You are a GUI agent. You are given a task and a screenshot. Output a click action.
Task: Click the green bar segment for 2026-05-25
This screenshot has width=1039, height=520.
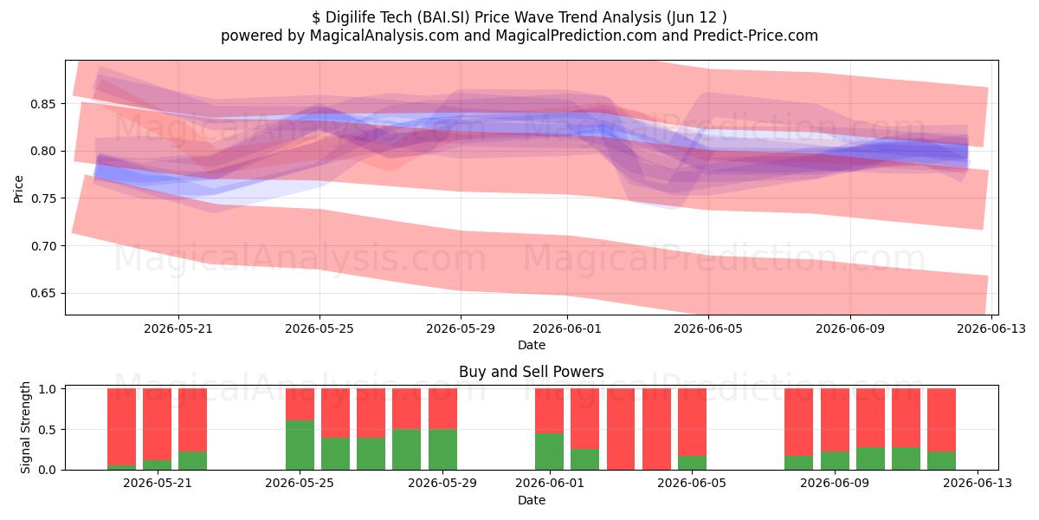click(300, 445)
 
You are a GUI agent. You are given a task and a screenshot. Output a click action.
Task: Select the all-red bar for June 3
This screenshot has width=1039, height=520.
click(621, 429)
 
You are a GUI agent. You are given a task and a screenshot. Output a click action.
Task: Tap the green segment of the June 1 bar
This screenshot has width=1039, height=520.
click(549, 452)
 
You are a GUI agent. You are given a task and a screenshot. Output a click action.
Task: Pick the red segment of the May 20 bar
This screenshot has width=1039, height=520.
click(121, 426)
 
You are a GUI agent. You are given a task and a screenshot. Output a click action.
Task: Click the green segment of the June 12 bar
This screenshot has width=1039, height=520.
click(942, 460)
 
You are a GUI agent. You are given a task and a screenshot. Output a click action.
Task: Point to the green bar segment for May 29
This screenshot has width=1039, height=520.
click(442, 450)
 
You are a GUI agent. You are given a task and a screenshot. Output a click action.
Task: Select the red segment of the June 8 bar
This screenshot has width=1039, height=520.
click(798, 422)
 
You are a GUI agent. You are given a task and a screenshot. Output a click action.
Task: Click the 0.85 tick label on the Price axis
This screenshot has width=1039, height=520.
click(42, 104)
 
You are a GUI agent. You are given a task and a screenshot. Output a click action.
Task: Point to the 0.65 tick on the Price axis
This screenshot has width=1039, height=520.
click(42, 294)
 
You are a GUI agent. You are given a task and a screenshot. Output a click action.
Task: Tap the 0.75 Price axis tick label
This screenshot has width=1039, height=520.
click(42, 198)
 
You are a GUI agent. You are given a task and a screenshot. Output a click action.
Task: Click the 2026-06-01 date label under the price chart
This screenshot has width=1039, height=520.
click(567, 328)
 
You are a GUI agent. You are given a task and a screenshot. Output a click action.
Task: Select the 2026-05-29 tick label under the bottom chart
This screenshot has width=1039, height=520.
click(442, 483)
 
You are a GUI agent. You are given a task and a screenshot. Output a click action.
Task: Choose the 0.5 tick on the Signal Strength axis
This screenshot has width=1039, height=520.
click(47, 430)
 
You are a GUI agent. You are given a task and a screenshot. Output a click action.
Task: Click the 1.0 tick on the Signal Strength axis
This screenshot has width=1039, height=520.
click(47, 389)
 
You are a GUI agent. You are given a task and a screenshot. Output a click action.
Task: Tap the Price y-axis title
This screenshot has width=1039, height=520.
click(18, 189)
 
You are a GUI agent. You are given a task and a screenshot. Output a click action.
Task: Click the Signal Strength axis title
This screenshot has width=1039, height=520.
click(25, 427)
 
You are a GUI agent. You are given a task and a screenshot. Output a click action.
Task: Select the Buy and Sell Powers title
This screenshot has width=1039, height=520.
click(531, 372)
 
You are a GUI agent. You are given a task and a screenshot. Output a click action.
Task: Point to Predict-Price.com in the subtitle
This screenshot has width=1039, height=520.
click(756, 36)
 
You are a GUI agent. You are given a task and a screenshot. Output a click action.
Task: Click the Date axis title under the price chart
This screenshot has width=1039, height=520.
click(532, 345)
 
